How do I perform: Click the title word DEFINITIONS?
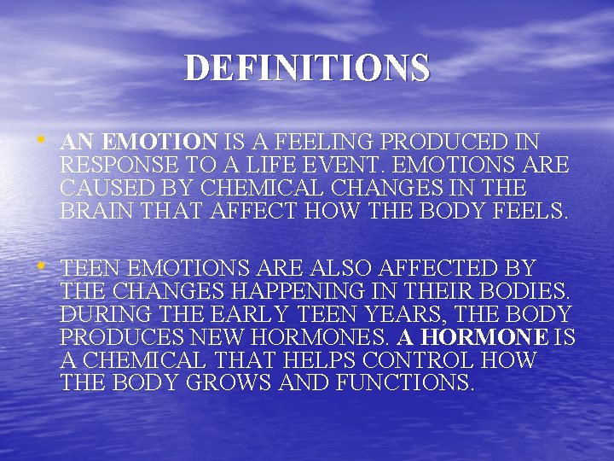tap(307, 68)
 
